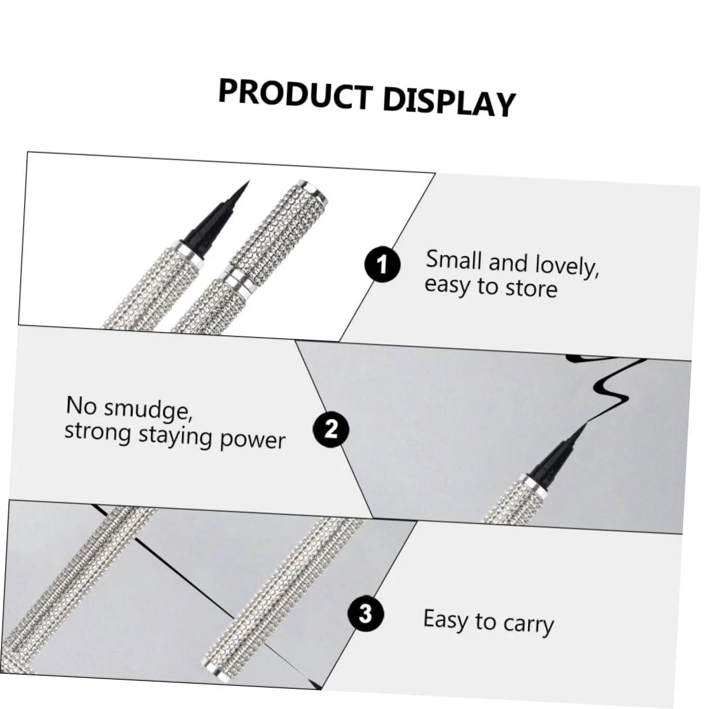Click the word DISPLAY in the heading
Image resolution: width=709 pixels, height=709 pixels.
tap(449, 102)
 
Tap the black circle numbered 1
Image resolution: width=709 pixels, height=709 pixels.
tap(382, 264)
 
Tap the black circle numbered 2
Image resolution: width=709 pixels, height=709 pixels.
tap(331, 429)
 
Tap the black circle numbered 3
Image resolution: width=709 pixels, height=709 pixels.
tap(365, 613)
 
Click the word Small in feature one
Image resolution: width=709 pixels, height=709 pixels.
tap(453, 260)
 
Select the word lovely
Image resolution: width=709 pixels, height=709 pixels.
tap(567, 266)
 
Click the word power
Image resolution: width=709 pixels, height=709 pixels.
tap(252, 439)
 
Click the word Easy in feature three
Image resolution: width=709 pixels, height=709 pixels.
tap(445, 619)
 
